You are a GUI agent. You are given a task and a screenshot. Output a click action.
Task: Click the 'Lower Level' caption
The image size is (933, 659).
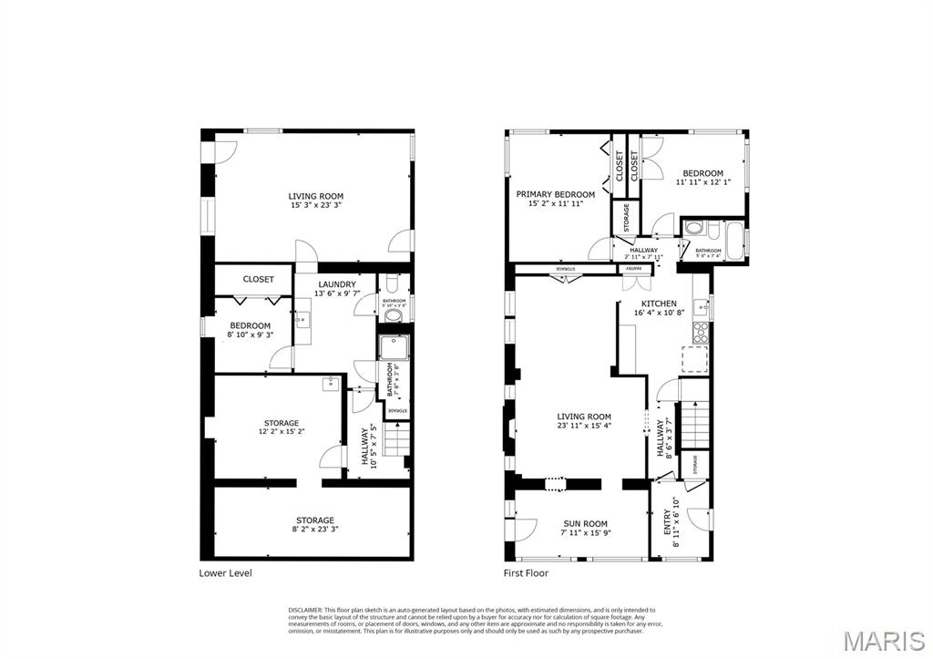click(x=225, y=573)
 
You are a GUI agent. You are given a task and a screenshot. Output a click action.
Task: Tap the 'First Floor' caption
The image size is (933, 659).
click(x=527, y=573)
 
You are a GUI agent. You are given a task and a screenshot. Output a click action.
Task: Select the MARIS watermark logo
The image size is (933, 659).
click(x=884, y=641)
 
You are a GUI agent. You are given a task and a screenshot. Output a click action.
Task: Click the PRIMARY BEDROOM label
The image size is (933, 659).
click(x=555, y=194)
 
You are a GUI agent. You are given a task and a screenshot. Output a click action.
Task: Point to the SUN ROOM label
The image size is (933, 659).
click(x=584, y=524)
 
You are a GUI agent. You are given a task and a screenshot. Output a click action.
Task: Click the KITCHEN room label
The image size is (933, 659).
click(x=659, y=304)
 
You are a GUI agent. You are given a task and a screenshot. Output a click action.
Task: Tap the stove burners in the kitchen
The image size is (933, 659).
click(x=701, y=332)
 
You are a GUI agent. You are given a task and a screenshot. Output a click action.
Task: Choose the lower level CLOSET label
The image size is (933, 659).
click(x=258, y=279)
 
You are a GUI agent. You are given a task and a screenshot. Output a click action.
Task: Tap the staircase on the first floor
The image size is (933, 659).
click(x=694, y=423)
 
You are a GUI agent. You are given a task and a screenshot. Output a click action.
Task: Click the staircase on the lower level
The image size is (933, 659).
click(x=395, y=441)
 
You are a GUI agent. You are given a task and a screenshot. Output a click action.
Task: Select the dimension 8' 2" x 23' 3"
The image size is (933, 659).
click(x=313, y=530)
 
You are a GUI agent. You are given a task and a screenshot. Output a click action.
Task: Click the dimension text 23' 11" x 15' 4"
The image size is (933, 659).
click(x=584, y=426)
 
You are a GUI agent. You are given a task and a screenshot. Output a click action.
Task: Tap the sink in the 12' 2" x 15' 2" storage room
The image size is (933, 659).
click(x=328, y=385)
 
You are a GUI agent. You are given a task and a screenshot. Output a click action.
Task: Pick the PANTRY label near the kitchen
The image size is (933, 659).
click(x=633, y=269)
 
